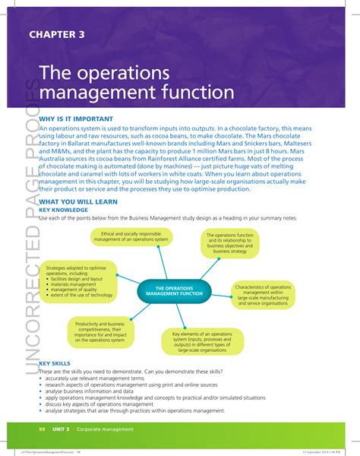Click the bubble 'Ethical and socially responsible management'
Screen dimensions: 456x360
[x=131, y=237]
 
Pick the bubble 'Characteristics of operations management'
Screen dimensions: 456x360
[x=264, y=296]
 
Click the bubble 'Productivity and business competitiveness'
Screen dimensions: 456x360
[x=99, y=332]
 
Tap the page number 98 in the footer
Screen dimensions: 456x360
[x=43, y=429]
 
